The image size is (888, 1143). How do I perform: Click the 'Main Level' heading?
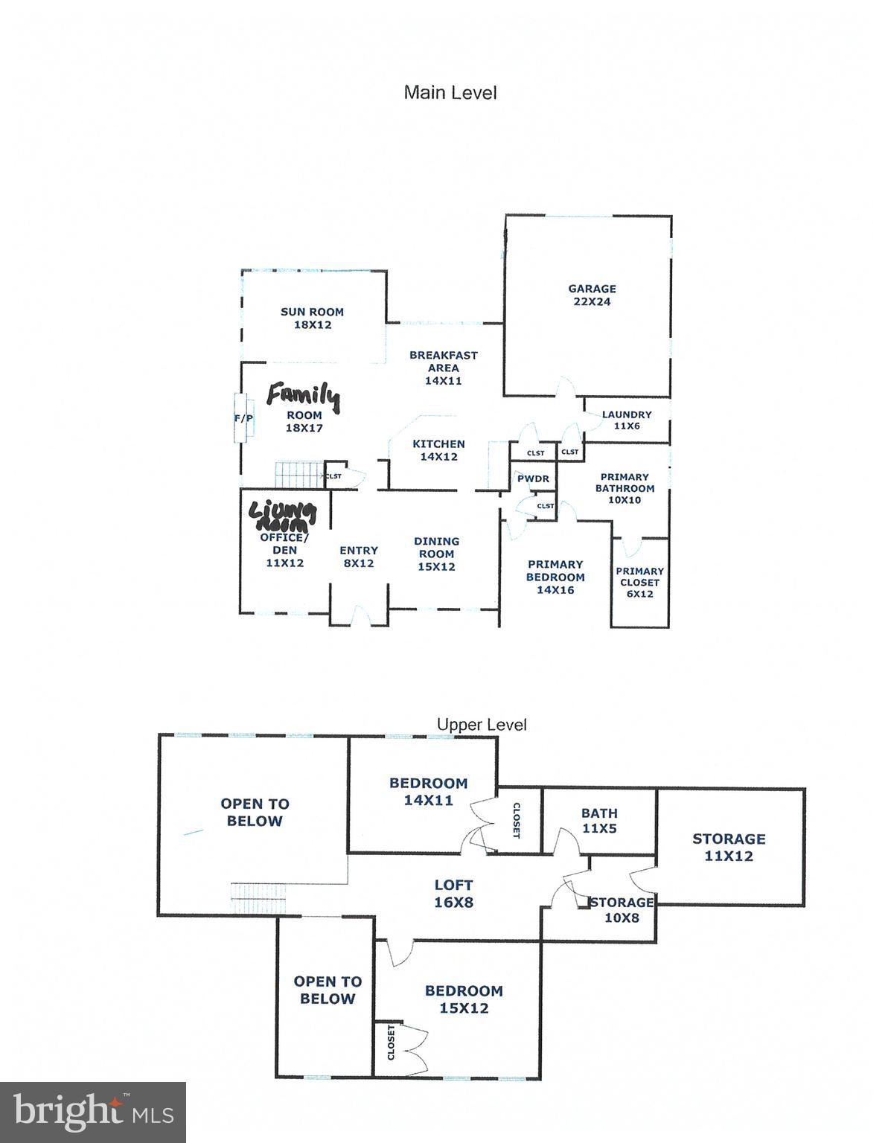pos(450,92)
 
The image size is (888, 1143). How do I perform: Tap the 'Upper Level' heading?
pos(482,724)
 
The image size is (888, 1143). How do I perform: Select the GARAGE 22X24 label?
pos(592,295)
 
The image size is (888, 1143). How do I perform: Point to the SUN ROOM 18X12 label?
pos(312,318)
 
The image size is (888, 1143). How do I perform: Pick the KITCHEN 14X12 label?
pos(438,450)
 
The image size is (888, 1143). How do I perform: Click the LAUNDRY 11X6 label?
pos(627,420)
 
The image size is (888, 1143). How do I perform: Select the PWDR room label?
pos(533,478)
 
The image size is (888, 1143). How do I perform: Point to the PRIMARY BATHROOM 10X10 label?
pos(625,488)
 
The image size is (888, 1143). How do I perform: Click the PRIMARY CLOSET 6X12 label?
pos(639,583)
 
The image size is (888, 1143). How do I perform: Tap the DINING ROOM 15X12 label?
pos(436,554)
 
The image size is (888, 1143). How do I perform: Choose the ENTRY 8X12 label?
pos(359,557)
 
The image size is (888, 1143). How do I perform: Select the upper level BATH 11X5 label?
pos(599,821)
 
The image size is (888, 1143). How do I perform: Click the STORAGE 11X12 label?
pos(729,847)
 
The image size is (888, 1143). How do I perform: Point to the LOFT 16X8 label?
pos(453,894)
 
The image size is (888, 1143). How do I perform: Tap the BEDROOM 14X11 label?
pos(428,792)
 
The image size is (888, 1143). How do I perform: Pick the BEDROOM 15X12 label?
pos(464,999)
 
